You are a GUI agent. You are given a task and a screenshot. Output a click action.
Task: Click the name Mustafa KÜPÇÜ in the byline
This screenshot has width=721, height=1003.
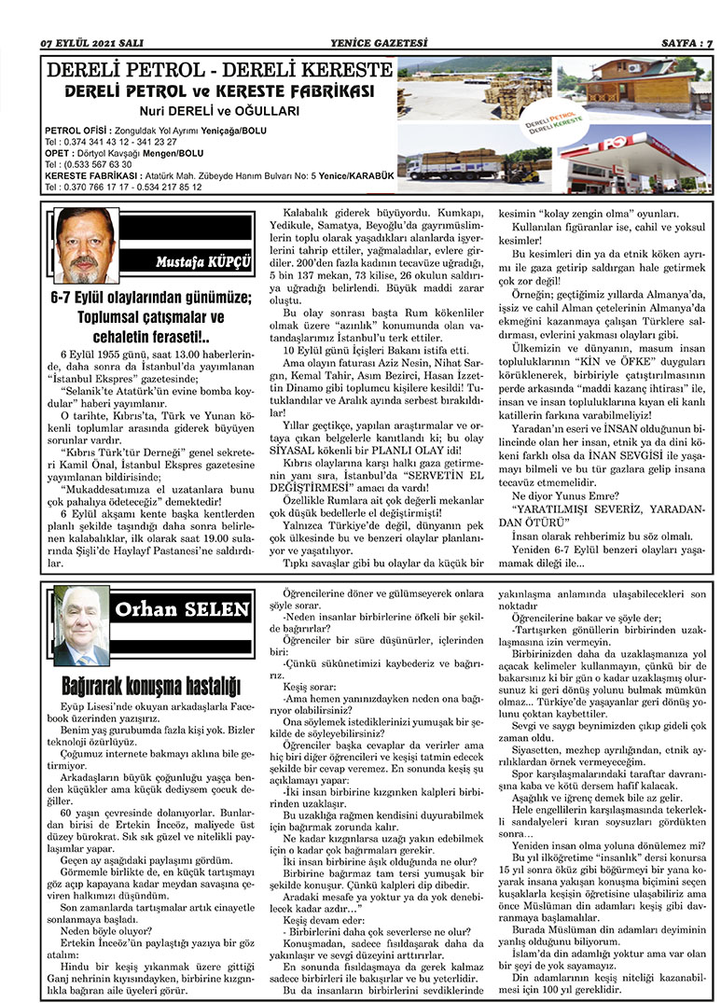203,260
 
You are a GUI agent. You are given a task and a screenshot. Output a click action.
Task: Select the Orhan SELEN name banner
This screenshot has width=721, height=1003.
181,609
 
